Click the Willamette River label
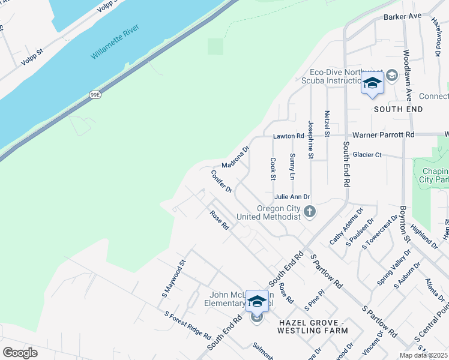[x=115, y=41]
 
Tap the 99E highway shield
[x=95, y=95]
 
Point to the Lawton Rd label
[x=285, y=136]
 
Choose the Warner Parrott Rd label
[x=383, y=135]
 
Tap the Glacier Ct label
[x=367, y=154]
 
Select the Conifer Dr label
[x=221, y=181]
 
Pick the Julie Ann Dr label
[x=292, y=197]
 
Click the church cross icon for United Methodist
[x=310, y=211]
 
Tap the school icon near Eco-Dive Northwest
[x=372, y=84]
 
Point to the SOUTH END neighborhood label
[x=398, y=109]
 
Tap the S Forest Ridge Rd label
[x=187, y=324]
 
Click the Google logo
[x=20, y=353]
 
